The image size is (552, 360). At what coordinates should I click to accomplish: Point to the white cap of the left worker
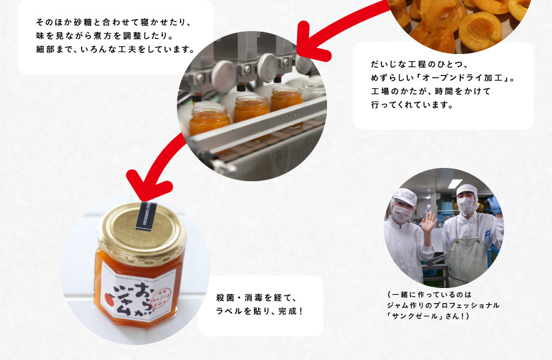(x=403, y=196)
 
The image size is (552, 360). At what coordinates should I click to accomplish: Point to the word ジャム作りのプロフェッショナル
(x=443, y=305)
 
